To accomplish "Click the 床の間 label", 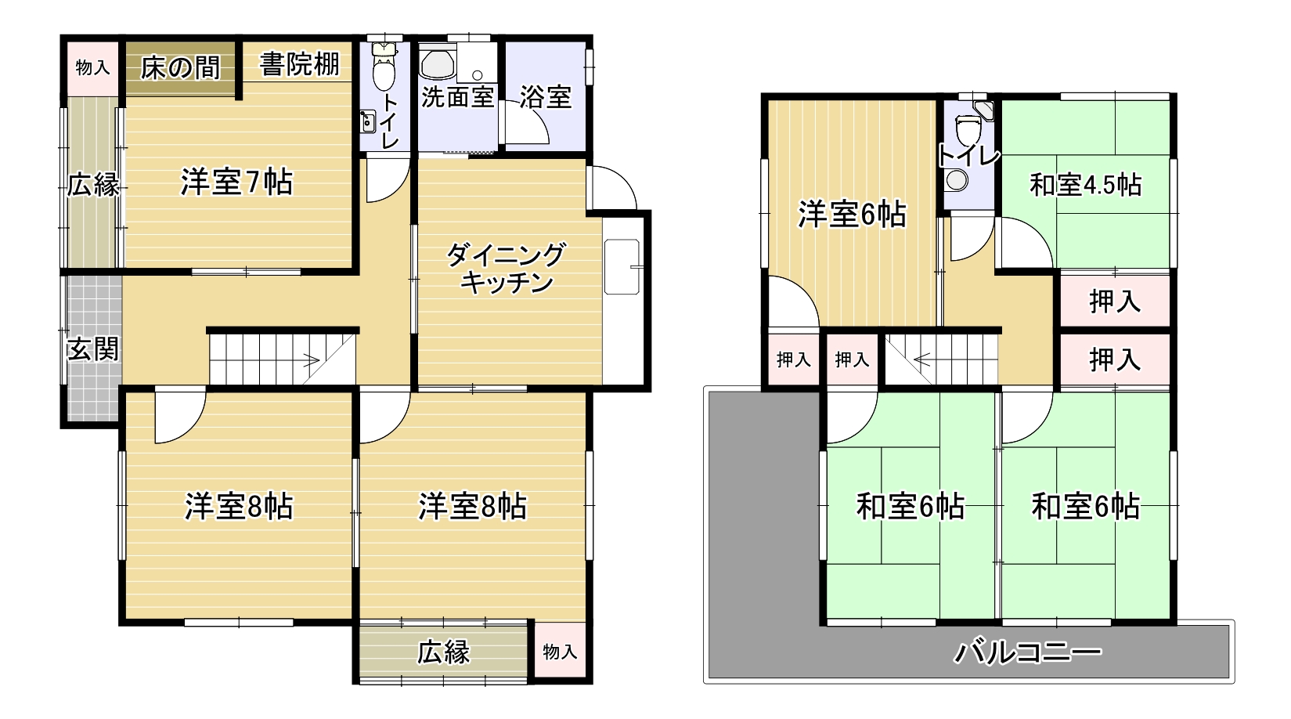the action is click(180, 67).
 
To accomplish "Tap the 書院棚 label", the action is click(299, 64).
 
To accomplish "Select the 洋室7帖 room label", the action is click(237, 182).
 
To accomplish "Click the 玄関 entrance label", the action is click(93, 349).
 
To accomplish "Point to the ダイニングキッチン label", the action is click(506, 269).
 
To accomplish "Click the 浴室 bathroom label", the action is click(545, 97).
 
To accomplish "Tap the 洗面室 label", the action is click(458, 97).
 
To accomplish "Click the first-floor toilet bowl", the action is click(384, 68).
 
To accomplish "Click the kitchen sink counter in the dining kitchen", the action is click(622, 266).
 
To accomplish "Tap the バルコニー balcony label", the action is click(1028, 652).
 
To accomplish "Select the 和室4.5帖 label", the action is click(1085, 185).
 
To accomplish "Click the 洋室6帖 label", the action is click(852, 214).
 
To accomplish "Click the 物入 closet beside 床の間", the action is click(93, 67).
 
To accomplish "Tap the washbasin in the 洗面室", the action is click(438, 64).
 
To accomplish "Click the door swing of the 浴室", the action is click(525, 122).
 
